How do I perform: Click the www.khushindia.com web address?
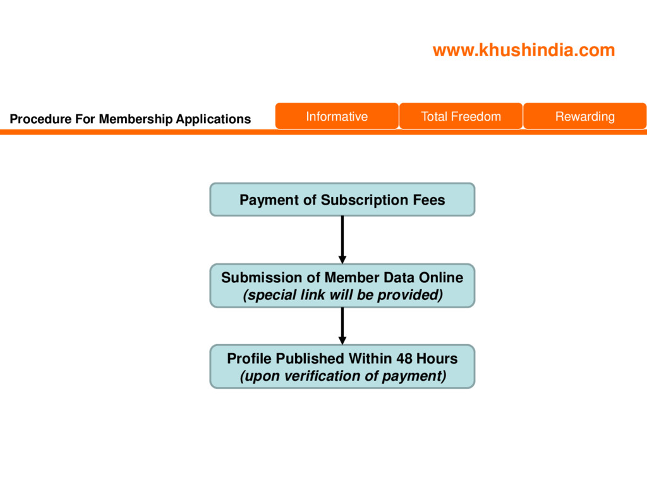523,51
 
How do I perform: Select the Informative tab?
336,116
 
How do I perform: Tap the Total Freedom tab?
461,116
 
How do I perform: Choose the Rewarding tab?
584,116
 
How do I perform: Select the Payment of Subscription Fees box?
342,200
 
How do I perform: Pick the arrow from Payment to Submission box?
342,239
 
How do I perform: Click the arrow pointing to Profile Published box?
342,326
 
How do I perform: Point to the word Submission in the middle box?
261,277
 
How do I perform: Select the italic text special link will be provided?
342,295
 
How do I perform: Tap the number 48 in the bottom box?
405,359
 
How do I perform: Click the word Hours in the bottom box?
437,359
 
